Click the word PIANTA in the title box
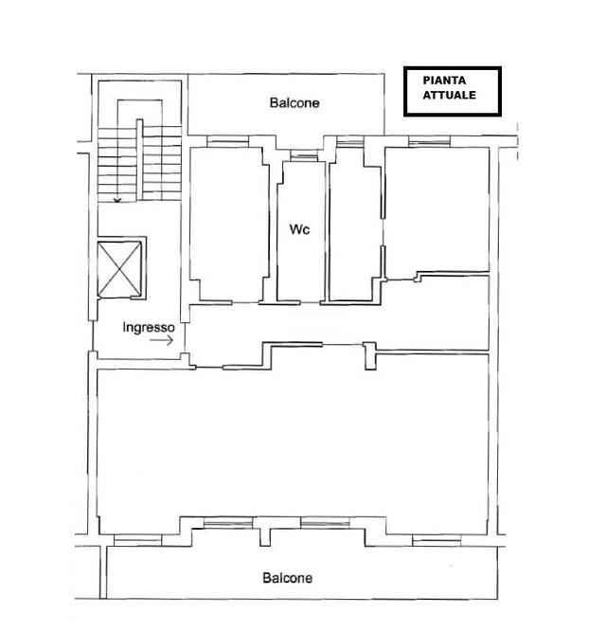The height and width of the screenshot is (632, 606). tap(444, 81)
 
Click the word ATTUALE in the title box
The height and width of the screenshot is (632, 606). tap(449, 95)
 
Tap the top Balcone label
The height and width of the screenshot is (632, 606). tap(294, 102)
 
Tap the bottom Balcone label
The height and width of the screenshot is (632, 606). tap(287, 578)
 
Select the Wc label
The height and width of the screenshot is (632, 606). tap(299, 229)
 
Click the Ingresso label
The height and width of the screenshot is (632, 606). tap(149, 327)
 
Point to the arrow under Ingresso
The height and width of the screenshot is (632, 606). tap(162, 340)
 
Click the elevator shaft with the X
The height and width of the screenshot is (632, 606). tap(120, 269)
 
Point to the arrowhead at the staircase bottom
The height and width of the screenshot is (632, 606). tap(117, 200)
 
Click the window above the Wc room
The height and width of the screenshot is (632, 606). tap(304, 155)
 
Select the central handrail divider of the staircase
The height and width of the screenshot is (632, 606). tap(140, 159)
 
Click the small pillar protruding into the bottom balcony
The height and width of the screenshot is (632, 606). tap(265, 537)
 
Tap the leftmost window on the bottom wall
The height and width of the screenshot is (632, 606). tap(137, 540)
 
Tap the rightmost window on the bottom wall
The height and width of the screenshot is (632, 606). tap(437, 540)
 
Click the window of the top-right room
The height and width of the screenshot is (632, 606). tap(429, 141)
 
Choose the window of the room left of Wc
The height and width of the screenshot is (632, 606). tap(227, 141)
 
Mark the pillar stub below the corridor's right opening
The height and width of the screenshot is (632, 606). tap(370, 356)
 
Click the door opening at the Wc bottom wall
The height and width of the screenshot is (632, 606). tap(311, 302)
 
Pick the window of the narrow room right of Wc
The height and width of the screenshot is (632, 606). tap(350, 141)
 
